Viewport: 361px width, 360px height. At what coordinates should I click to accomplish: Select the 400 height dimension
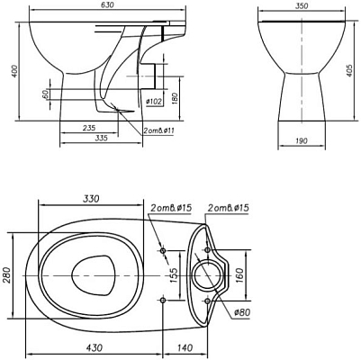[x=14, y=70]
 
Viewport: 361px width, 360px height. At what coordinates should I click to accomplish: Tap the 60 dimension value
[x=45, y=94]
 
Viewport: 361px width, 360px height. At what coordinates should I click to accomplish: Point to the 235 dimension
[x=88, y=129]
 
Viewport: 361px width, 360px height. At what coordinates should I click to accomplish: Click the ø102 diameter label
[x=154, y=102]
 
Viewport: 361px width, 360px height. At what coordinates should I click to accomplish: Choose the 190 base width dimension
[x=302, y=140]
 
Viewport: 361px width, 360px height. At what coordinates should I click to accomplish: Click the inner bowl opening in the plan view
[x=91, y=271]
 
